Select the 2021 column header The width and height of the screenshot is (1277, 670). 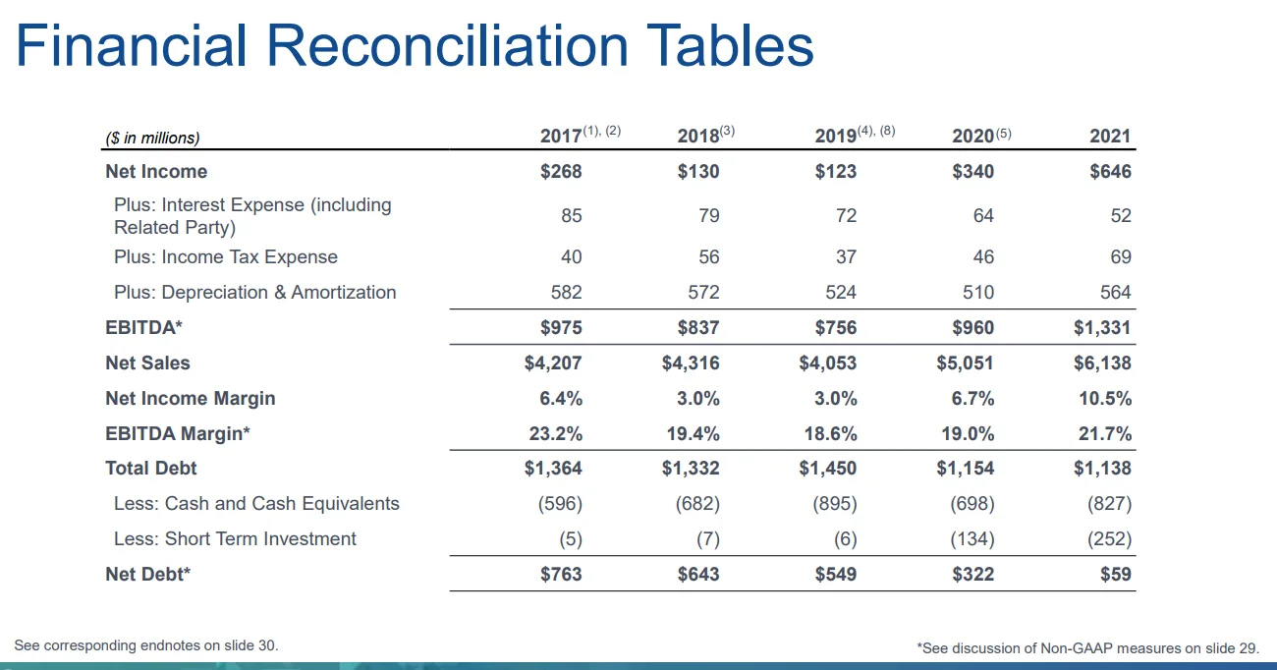point(1110,138)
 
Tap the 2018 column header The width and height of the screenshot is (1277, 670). point(698,138)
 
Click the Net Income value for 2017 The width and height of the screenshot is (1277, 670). point(561,172)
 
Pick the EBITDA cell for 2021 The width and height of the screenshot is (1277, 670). point(1102,328)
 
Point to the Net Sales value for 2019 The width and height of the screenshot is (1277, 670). point(828,363)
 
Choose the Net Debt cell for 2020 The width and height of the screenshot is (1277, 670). point(973,575)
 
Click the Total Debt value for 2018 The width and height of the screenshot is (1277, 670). point(691,469)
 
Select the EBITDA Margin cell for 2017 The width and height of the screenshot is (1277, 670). point(554,434)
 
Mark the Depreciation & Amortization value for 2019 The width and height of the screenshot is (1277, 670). point(835,293)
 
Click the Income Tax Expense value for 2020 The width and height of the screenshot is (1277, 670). point(983,257)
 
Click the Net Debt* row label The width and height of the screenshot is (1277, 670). point(147,575)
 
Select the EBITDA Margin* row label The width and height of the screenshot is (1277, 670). point(178,434)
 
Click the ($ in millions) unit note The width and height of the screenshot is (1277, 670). point(152,139)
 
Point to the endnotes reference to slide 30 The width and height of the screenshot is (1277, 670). point(146,645)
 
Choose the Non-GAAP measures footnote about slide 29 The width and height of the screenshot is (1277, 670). point(1087,647)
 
